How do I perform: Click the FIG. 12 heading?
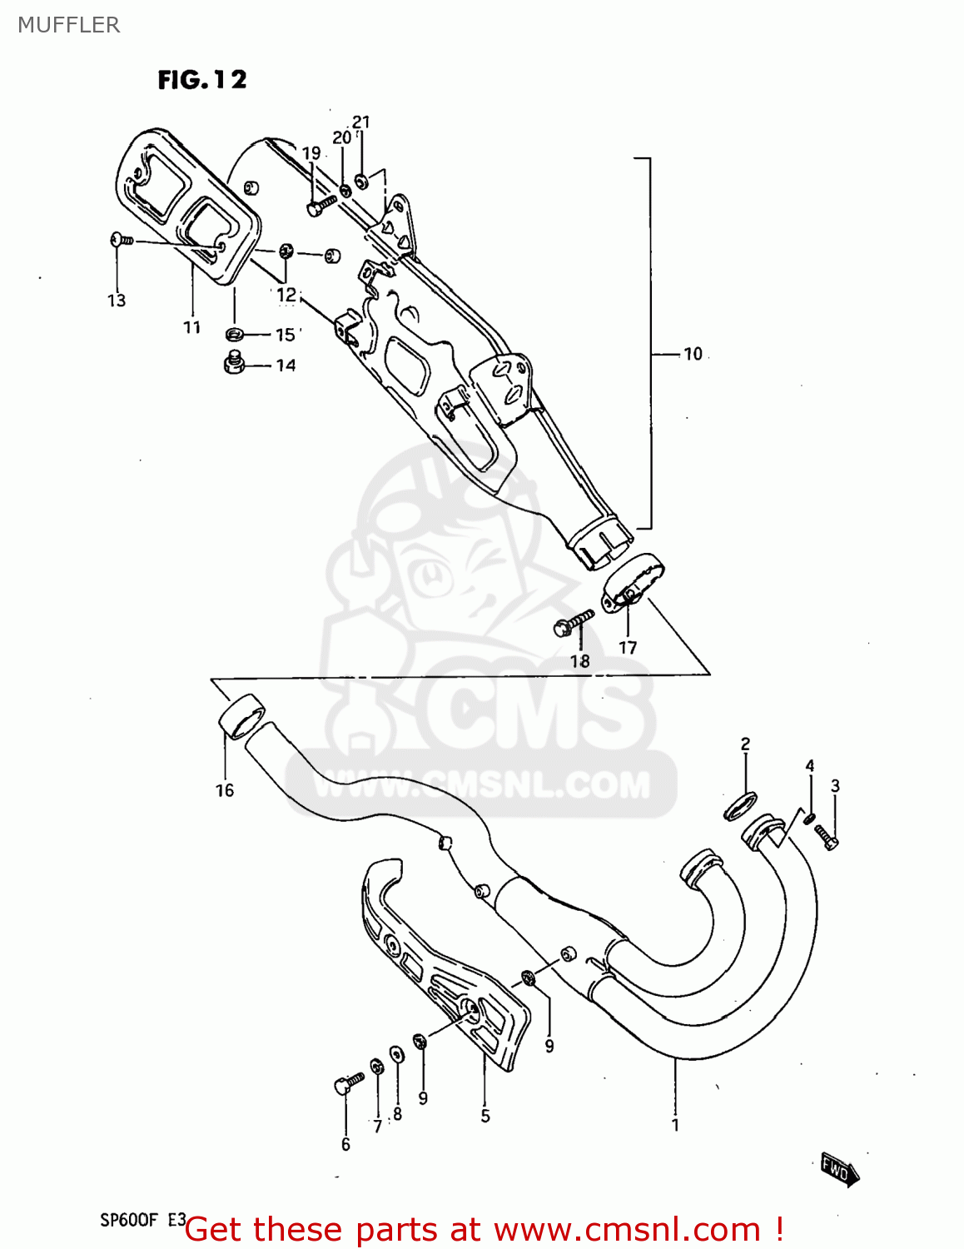click(202, 80)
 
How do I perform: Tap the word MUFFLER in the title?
click(68, 25)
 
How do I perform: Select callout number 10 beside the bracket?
click(693, 354)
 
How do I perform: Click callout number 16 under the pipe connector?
click(225, 790)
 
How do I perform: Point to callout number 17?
click(628, 647)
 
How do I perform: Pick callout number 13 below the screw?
click(117, 301)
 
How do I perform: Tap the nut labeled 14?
click(234, 363)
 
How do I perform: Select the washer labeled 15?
click(235, 335)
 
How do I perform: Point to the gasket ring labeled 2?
click(740, 806)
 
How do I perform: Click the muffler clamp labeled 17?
click(634, 582)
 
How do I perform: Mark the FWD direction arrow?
click(839, 1169)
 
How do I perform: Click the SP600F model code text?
click(129, 1220)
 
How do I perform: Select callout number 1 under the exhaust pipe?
click(675, 1125)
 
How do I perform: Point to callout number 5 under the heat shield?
click(485, 1116)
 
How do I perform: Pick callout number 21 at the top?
click(360, 122)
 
